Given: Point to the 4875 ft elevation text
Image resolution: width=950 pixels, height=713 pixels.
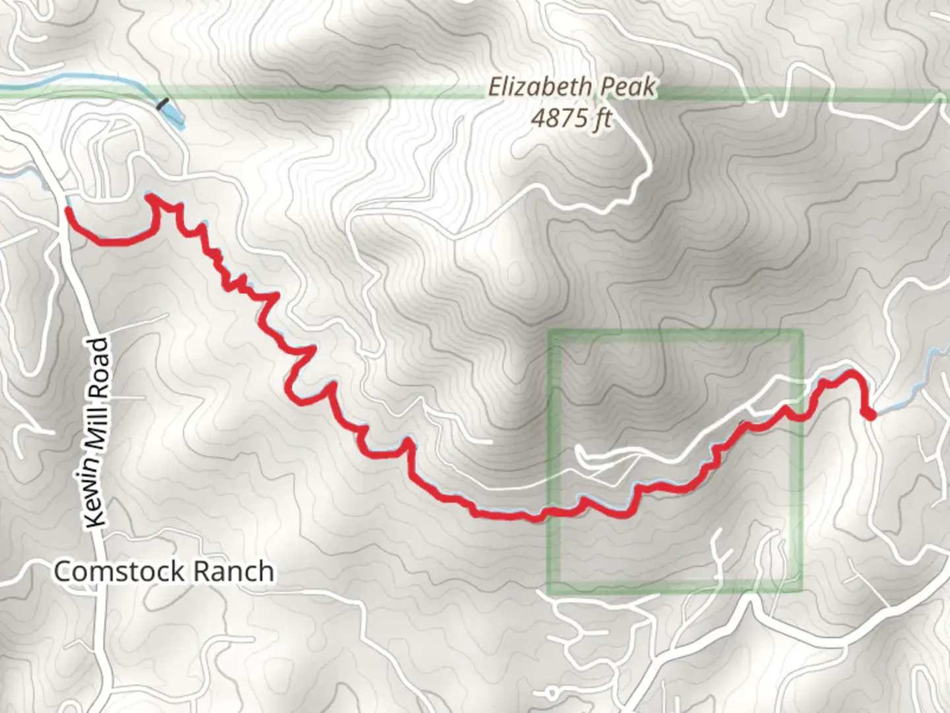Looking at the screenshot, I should point(571,118).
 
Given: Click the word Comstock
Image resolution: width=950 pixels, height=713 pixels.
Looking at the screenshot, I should point(117,571).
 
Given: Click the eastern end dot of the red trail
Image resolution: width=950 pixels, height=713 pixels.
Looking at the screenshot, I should point(870,415).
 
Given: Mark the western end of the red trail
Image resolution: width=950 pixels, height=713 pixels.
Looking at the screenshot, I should point(68,210).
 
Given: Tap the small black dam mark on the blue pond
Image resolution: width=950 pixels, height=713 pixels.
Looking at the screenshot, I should point(162,103).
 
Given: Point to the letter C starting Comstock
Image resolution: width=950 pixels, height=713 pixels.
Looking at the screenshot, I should point(63,571).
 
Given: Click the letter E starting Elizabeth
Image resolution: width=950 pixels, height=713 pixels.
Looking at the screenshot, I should point(494,87).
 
